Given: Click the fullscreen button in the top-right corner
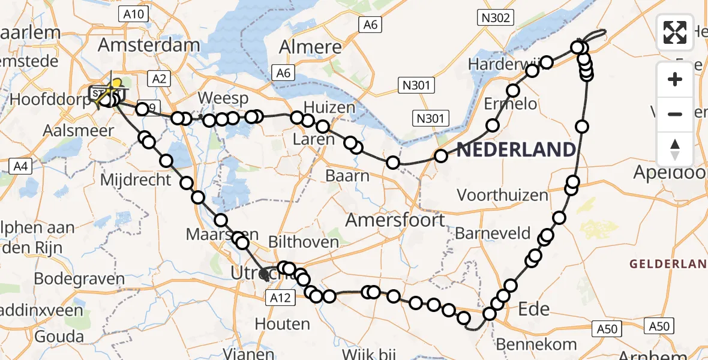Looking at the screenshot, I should coord(675,32).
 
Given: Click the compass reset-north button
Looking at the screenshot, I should coord(675,149).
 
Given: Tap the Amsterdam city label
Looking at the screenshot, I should coord(149,45).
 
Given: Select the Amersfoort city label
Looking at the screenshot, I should coord(395,220).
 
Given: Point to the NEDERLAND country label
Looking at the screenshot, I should coord(516,149).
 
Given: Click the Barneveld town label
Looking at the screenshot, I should coord(493,233).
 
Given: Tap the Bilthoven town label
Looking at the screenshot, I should coord(304,242).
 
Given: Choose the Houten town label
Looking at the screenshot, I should coord(282,324).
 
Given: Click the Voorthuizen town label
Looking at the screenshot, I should coord(503,195).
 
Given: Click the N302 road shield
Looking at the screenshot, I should coord(496,18).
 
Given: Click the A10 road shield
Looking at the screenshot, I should coord(133,13).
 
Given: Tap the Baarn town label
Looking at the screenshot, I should coord(347,176).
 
